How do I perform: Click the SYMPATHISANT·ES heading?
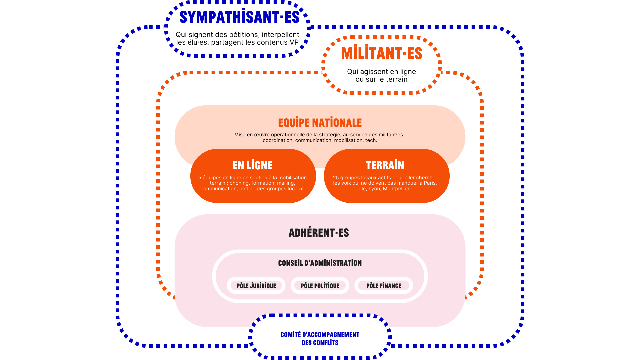[239, 17]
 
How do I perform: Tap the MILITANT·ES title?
[382, 53]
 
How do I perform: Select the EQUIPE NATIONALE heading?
[320, 123]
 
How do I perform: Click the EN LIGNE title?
[253, 165]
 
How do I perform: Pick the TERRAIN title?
[385, 165]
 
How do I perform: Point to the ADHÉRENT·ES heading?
[319, 233]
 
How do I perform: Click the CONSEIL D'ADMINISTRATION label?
[320, 263]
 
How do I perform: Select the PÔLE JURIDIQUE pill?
[256, 286]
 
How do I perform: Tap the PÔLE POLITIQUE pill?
[320, 286]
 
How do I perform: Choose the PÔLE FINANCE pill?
[384, 286]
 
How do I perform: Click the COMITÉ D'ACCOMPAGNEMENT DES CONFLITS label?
[320, 339]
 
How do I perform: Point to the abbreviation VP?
[294, 42]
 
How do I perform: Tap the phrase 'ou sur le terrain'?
[381, 79]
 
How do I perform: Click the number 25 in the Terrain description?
[336, 178]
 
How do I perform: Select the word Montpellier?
[398, 189]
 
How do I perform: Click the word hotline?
[248, 189]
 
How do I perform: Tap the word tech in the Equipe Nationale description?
[371, 140]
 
